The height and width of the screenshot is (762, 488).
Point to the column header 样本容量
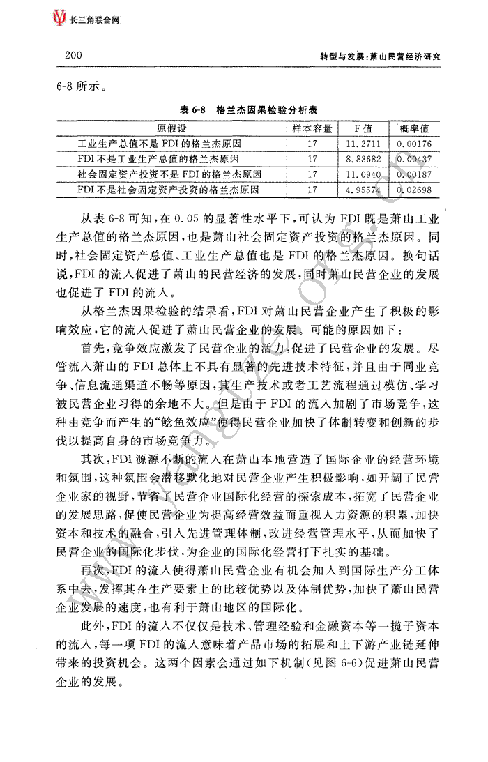point(312,129)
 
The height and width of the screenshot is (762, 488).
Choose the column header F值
point(363,129)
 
